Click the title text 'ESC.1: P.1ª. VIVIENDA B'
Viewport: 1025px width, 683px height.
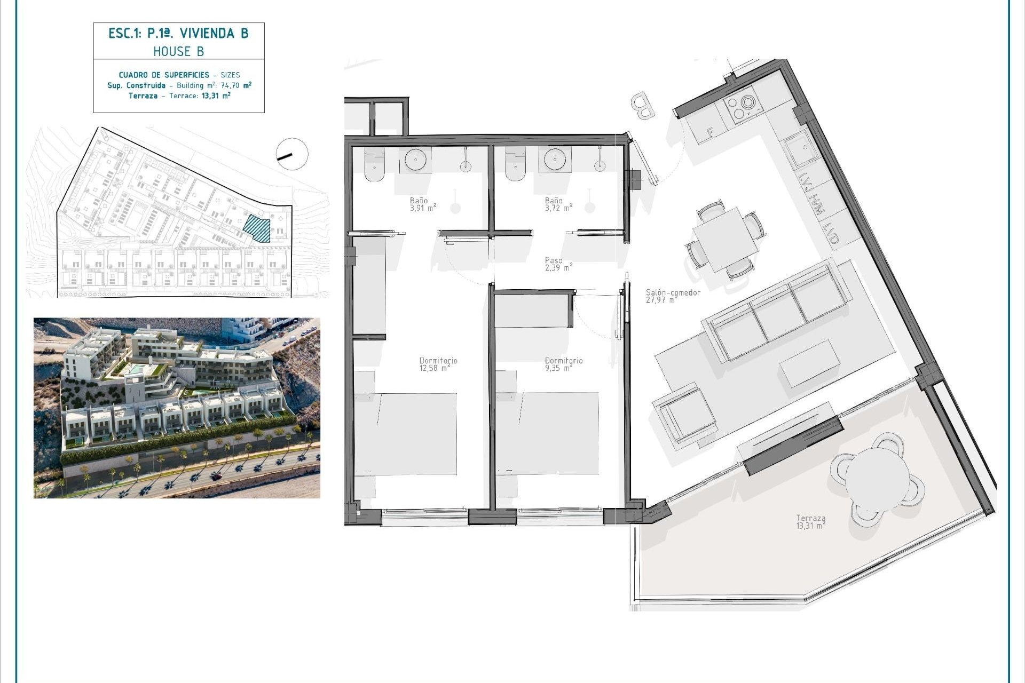click(179, 34)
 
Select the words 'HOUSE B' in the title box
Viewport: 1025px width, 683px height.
click(179, 52)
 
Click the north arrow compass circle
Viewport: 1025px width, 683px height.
click(292, 154)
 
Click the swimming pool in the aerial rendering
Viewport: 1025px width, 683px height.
click(139, 369)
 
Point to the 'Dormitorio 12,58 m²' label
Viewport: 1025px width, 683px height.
click(438, 364)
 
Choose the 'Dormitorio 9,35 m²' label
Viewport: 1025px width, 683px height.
click(564, 364)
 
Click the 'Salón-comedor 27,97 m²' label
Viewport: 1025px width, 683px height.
click(673, 296)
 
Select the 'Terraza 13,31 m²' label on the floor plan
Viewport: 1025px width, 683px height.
click(811, 521)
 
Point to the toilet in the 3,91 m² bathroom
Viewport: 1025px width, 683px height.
click(374, 165)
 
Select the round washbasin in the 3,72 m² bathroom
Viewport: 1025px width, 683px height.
click(553, 159)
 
